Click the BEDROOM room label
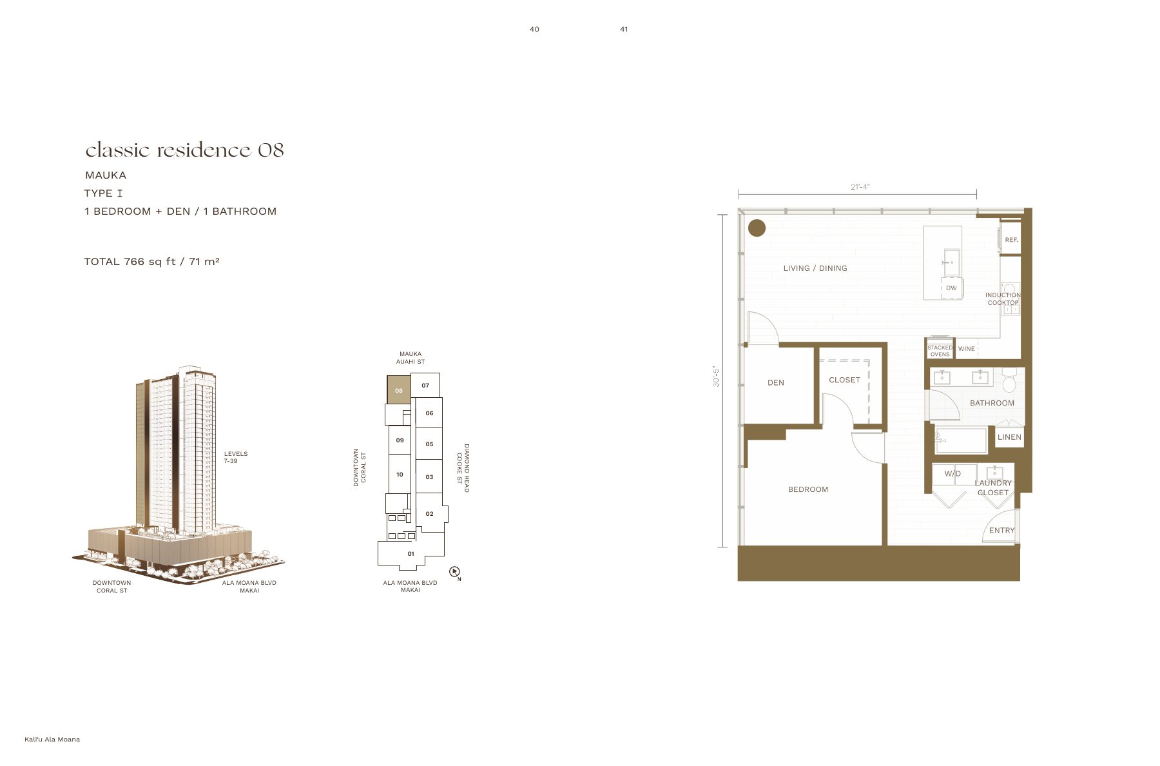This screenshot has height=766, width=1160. tap(808, 489)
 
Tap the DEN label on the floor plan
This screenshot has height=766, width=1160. tap(776, 382)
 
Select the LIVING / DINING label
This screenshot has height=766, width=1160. tap(815, 268)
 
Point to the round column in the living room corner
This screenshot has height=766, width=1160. tap(757, 228)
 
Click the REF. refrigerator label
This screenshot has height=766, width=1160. tap(1012, 240)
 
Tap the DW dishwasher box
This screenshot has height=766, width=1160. tap(951, 288)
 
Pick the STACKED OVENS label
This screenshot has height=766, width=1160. tap(940, 351)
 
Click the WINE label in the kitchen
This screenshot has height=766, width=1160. tap(967, 349)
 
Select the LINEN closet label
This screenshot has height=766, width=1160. tap(1009, 437)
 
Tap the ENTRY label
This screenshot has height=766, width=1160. tap(1002, 531)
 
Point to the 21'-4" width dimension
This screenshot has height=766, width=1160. tap(860, 187)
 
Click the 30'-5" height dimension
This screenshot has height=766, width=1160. tap(715, 377)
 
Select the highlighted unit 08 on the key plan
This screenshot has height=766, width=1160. tap(399, 390)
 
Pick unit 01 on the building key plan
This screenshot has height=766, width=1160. tap(411, 554)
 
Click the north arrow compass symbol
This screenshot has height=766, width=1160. tap(454, 572)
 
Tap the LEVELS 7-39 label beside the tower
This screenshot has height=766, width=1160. tap(236, 457)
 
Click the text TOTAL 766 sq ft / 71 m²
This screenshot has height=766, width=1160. tap(151, 261)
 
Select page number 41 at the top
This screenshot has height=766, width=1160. tap(624, 29)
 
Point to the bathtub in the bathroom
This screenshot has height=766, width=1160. tap(961, 441)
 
